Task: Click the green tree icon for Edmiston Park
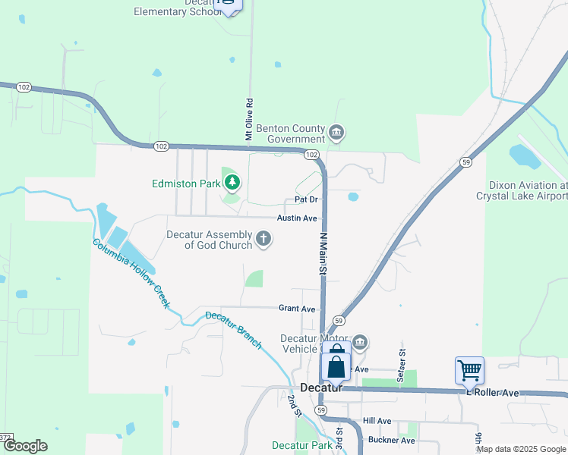click(232, 182)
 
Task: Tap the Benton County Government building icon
click(336, 134)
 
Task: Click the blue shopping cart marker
click(469, 371)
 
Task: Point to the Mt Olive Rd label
click(248, 118)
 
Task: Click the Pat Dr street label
click(305, 199)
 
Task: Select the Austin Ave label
click(296, 218)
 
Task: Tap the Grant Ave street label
click(296, 309)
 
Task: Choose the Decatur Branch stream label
click(234, 330)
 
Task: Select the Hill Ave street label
click(377, 421)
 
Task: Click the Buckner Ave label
click(391, 440)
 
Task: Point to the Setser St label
click(402, 354)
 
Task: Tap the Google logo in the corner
click(25, 446)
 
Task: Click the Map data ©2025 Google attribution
click(520, 449)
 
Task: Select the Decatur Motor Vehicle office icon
click(361, 342)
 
